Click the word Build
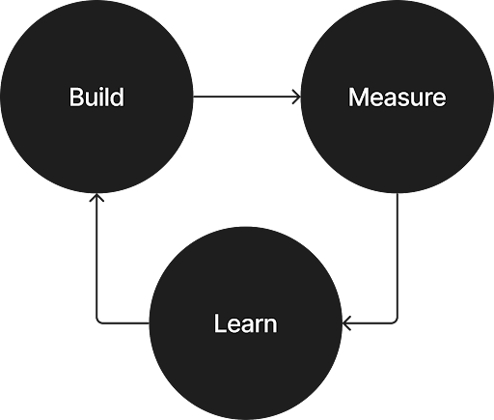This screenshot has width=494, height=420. pyautogui.click(x=97, y=98)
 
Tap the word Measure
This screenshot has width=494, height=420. pyautogui.click(x=397, y=98)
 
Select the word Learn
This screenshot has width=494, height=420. pyautogui.click(x=245, y=322)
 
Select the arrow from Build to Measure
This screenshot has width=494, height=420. pyautogui.click(x=246, y=97)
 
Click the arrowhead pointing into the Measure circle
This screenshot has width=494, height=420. pyautogui.click(x=295, y=97)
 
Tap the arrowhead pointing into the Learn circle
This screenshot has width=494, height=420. pyautogui.click(x=347, y=322)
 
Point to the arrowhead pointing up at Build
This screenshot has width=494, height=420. pyautogui.click(x=96, y=200)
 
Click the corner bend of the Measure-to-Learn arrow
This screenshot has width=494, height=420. pyautogui.click(x=398, y=322)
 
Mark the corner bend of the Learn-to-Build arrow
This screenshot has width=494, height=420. pyautogui.click(x=96, y=322)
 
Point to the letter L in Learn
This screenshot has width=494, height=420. pyautogui.click(x=218, y=322)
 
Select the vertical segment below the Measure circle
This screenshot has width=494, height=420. pyautogui.click(x=398, y=261)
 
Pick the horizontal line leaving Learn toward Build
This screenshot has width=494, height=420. pyautogui.click(x=123, y=322)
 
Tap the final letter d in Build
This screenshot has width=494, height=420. pyautogui.click(x=119, y=98)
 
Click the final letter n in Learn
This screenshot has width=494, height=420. pyautogui.click(x=270, y=323)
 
